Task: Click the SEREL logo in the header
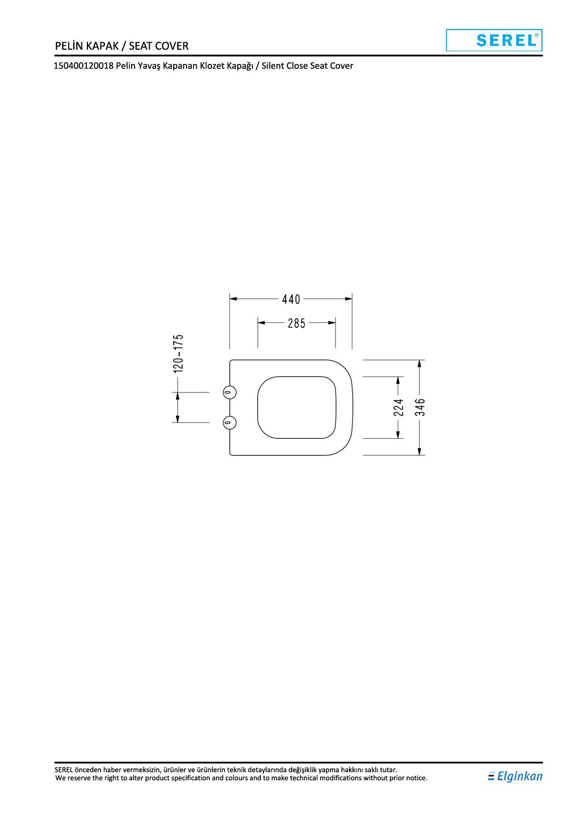click(x=494, y=40)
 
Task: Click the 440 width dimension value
click(x=291, y=299)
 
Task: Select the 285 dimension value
click(x=297, y=323)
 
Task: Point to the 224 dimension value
click(x=398, y=407)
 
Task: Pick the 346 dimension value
click(x=420, y=407)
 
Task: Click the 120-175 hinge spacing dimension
click(x=178, y=354)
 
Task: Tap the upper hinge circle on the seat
click(x=229, y=392)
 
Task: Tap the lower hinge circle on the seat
click(x=229, y=423)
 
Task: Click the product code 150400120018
click(x=84, y=66)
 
